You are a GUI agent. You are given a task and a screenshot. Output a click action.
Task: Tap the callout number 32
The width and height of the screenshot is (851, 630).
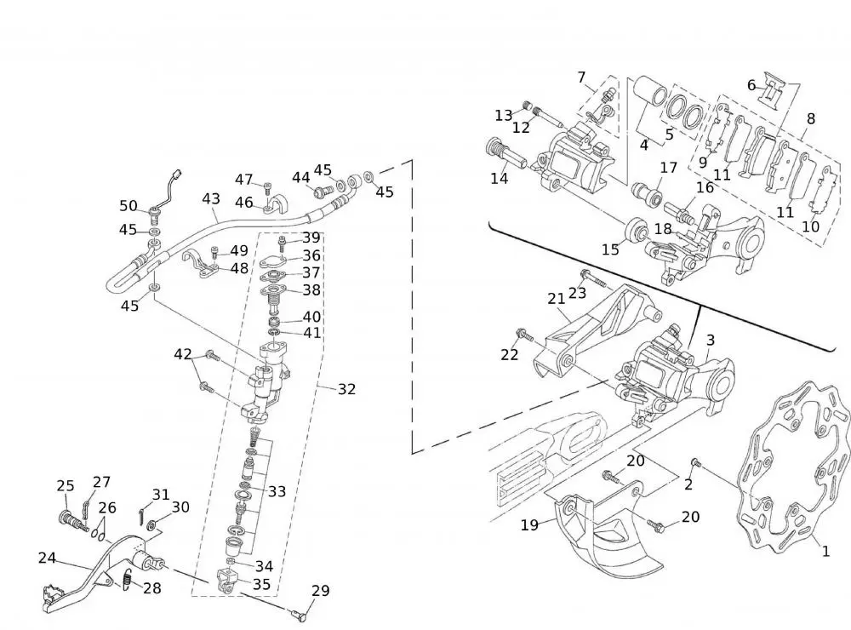point(346,389)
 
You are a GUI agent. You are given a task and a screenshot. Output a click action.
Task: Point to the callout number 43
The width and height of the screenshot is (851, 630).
point(211,199)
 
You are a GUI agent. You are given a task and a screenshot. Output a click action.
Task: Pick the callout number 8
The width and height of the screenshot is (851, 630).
point(810,119)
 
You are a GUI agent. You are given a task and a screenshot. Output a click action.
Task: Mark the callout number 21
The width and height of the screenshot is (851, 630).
point(557,299)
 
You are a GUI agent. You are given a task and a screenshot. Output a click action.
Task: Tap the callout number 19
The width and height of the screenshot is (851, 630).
point(529,525)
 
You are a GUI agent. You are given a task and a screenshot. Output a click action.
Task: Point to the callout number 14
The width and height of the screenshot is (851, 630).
point(499,179)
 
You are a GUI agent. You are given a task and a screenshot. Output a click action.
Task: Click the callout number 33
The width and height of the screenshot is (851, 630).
point(277,491)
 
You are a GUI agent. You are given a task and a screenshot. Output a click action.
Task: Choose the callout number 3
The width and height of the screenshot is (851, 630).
point(710,341)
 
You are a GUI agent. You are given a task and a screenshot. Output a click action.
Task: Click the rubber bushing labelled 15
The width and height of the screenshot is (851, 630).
point(636,229)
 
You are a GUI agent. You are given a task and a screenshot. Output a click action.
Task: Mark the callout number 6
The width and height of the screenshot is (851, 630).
point(751,85)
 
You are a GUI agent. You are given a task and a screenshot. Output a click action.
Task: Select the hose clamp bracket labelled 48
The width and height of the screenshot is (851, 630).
point(203,265)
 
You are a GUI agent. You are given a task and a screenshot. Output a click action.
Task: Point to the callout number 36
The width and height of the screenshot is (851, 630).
point(311,255)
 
